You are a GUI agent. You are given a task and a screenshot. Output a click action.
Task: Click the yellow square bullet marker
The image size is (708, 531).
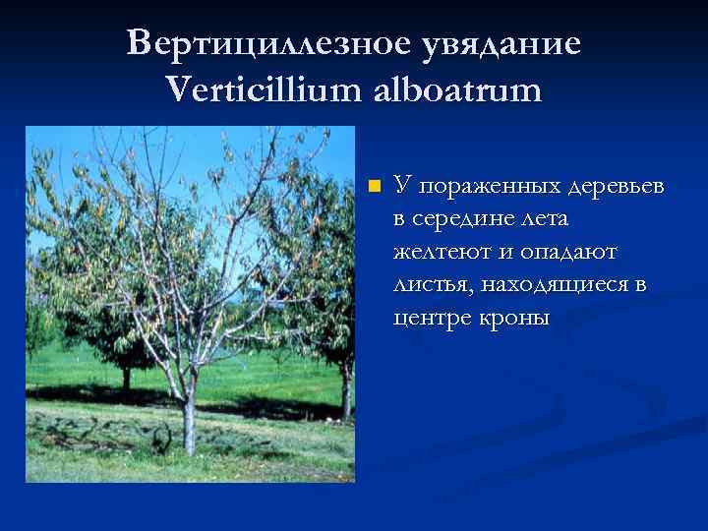click(x=373, y=186)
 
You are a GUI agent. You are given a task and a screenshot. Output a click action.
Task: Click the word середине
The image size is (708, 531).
click(x=464, y=218)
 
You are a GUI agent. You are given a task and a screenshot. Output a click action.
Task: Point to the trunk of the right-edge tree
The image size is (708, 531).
click(x=346, y=393)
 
